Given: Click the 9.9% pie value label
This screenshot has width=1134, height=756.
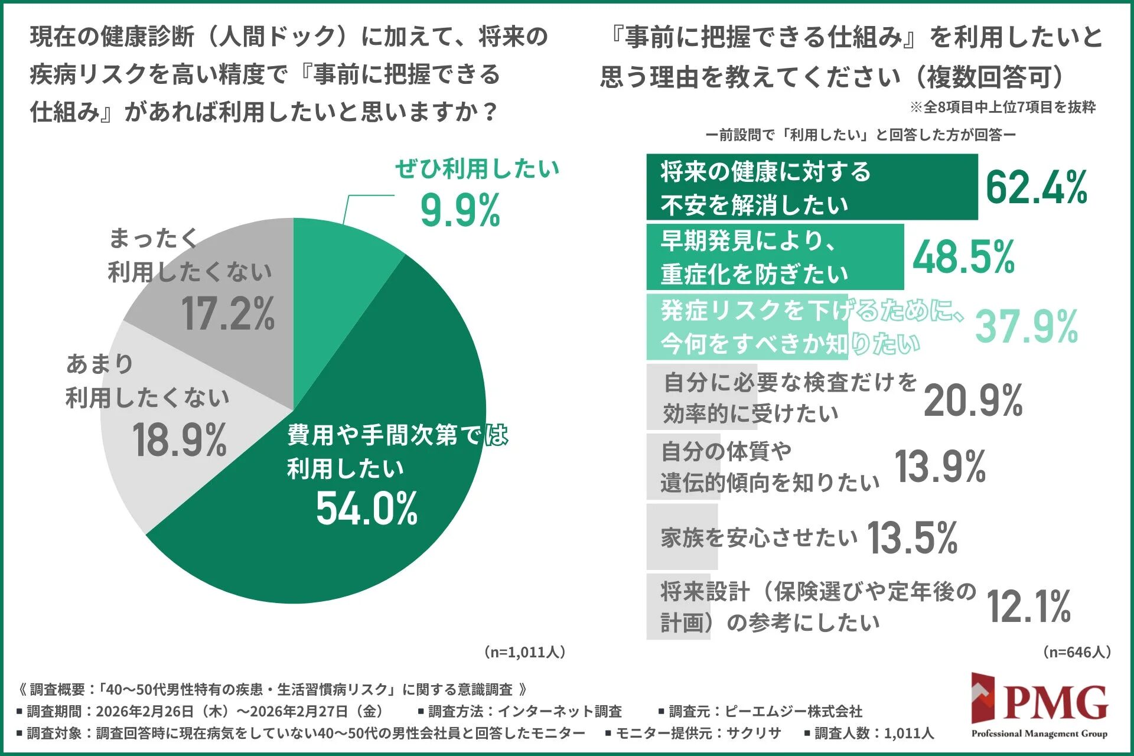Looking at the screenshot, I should coord(460,211).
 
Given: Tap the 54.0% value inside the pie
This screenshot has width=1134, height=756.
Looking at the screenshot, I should coord(367,509).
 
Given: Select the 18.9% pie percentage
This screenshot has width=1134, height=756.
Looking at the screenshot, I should coord(179,441).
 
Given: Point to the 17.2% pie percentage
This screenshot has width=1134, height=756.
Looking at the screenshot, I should coord(228,314).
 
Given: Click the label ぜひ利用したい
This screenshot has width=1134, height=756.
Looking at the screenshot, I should coord(477,169).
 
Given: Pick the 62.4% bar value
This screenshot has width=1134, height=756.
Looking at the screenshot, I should coord(1036,188).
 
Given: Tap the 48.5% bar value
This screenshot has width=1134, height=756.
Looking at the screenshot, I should coord(963,258).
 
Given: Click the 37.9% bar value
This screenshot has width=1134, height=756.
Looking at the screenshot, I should coord(1027,327).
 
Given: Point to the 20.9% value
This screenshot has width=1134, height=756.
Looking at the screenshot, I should coord(973,401).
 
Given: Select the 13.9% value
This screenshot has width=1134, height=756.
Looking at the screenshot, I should coord(940,467).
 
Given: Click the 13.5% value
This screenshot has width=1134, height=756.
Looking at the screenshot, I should coord(912,538).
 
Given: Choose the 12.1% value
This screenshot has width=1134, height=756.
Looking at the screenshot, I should coord(1028,607).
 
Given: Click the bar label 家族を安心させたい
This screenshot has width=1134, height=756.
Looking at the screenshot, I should coord(758,537).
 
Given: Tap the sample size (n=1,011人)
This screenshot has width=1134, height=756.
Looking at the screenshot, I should coord(525,652).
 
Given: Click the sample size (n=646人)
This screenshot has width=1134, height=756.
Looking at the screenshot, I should coord(1077,652).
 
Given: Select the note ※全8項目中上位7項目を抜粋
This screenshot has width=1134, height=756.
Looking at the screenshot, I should coord(1002,107).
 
